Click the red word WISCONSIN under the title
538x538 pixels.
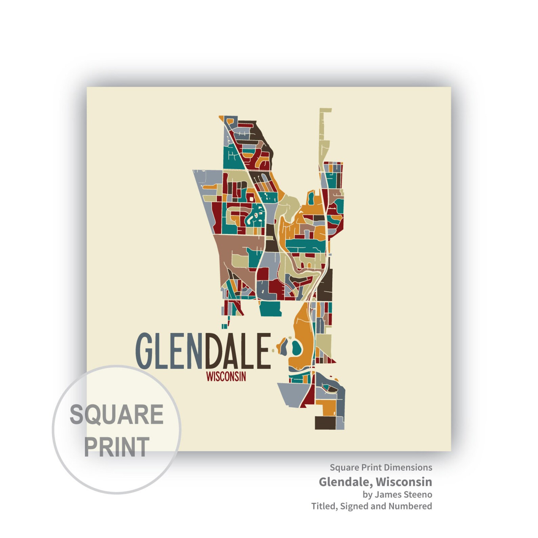[x=226, y=377]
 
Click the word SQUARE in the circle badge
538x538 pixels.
[x=117, y=414]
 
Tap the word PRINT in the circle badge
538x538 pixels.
[x=117, y=447]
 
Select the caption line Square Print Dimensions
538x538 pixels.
[x=381, y=468]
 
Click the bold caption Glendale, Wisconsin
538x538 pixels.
[x=375, y=482]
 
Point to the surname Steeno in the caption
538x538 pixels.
[x=418, y=495]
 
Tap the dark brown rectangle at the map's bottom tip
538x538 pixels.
[x=325, y=423]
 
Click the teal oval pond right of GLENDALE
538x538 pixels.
[x=296, y=348]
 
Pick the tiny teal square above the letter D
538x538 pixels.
[x=224, y=326]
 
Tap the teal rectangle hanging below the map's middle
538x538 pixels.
[x=270, y=308]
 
